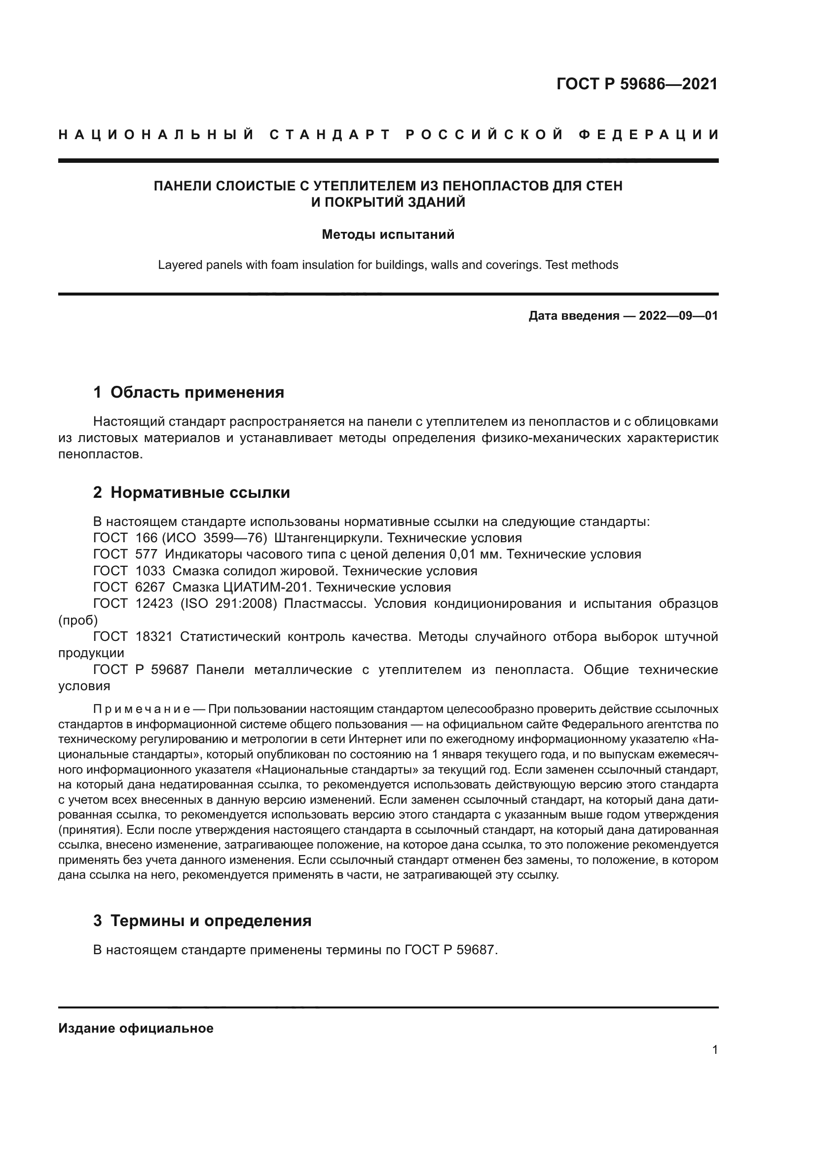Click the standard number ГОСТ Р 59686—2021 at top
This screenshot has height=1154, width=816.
click(636, 84)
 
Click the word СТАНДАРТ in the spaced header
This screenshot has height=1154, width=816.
click(330, 135)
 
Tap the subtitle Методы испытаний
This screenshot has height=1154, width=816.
click(388, 235)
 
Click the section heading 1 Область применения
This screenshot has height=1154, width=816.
click(188, 392)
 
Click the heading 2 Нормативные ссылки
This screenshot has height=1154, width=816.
click(191, 492)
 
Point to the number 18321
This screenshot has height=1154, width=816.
click(154, 636)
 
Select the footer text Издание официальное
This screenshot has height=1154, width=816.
click(136, 1028)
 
